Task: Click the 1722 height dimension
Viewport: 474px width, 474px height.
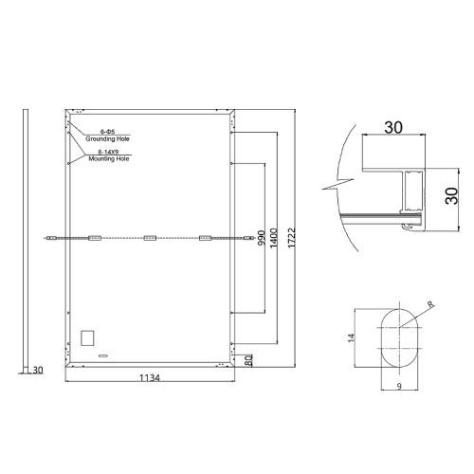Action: click(291, 238)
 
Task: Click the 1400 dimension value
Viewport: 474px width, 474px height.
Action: click(274, 238)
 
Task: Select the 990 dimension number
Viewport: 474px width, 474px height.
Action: click(262, 238)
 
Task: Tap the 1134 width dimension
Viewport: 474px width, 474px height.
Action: click(150, 377)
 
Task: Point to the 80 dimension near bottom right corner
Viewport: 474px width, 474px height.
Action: click(249, 360)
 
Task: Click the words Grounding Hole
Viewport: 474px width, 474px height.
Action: click(107, 138)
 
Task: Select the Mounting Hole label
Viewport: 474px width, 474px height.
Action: click(109, 158)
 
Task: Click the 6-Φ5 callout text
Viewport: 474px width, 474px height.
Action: click(107, 132)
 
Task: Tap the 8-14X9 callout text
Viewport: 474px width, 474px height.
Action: click(108, 152)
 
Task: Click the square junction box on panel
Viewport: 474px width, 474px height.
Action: click(87, 337)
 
